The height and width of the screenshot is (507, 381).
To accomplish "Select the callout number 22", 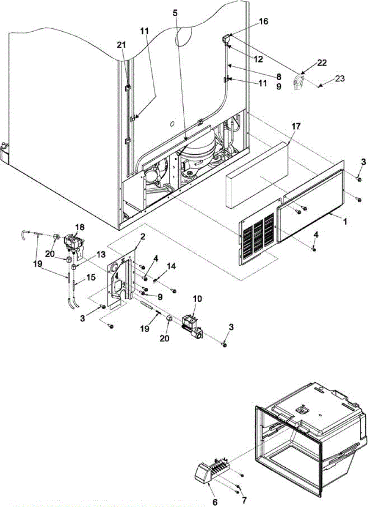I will (x=322, y=63).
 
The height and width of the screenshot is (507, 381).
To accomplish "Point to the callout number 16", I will (x=263, y=22).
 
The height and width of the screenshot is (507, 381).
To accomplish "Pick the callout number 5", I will (x=175, y=13).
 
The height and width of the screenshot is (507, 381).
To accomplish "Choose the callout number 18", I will (x=80, y=227).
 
